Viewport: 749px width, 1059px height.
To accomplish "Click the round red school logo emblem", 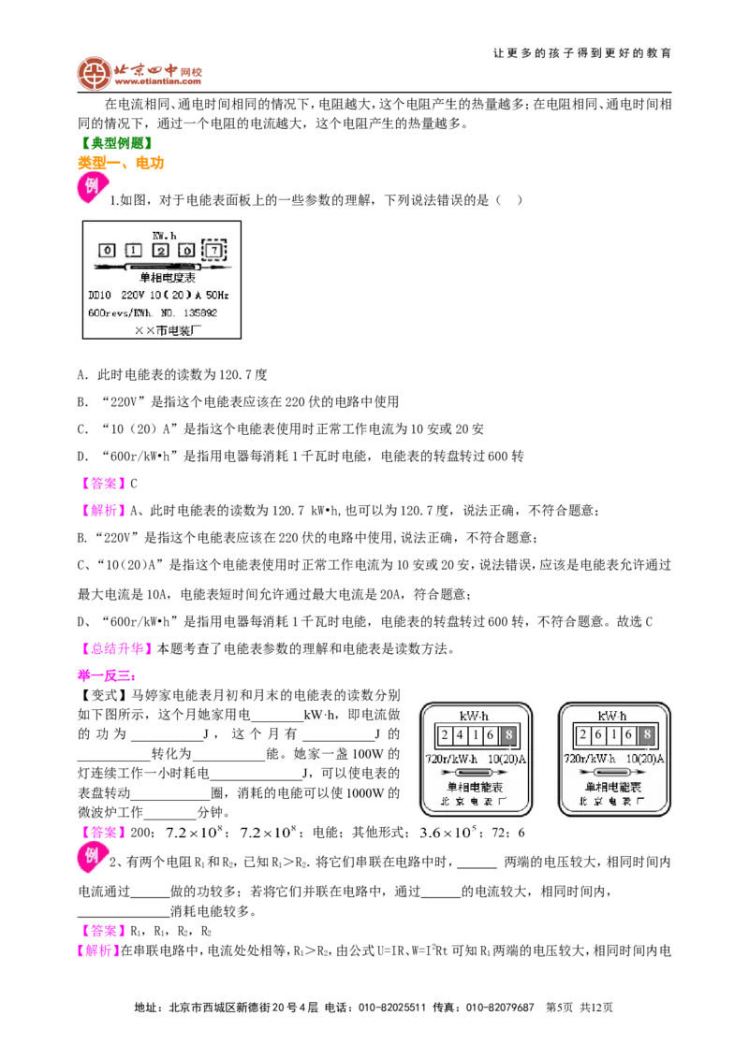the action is coord(94,74).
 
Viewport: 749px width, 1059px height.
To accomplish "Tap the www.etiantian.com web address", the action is coord(157,81).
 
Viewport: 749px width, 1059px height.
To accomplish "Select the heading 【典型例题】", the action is coord(116,143).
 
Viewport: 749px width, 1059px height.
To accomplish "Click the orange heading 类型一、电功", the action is coord(121,163).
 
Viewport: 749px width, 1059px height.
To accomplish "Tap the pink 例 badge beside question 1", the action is coord(92,187).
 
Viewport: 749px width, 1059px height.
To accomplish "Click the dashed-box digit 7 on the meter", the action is coord(214,251).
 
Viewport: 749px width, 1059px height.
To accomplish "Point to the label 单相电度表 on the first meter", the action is coord(167,278).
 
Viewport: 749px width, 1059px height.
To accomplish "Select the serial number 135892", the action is coord(200,312).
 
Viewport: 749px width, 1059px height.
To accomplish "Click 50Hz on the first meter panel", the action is coord(217,295).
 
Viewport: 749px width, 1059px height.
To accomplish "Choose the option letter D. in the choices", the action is coord(82,457).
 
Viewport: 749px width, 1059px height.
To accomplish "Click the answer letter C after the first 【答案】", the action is coord(134,484).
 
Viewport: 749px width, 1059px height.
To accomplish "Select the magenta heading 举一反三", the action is coord(106,675).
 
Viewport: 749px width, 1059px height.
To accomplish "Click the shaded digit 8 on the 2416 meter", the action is coord(508,734).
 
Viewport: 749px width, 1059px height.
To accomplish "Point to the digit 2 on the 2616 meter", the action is coord(582,734).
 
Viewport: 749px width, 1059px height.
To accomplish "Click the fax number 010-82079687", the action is coord(500,1008).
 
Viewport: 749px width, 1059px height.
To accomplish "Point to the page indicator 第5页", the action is coord(559,1008).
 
